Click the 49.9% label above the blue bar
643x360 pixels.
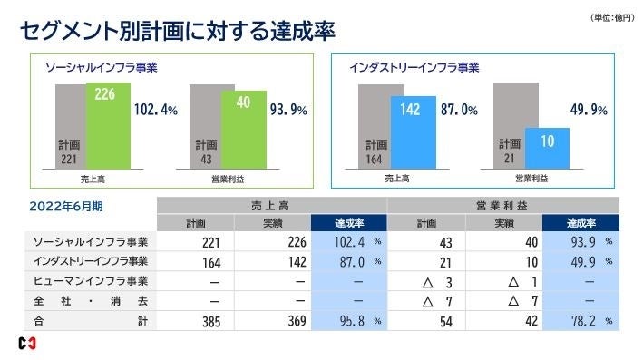point(589,110)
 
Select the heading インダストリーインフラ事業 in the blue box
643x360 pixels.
point(414,67)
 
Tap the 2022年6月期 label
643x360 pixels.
point(66,207)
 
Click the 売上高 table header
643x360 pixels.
point(272,206)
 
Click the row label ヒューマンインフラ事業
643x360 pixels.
point(91,281)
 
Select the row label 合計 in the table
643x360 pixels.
point(91,321)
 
